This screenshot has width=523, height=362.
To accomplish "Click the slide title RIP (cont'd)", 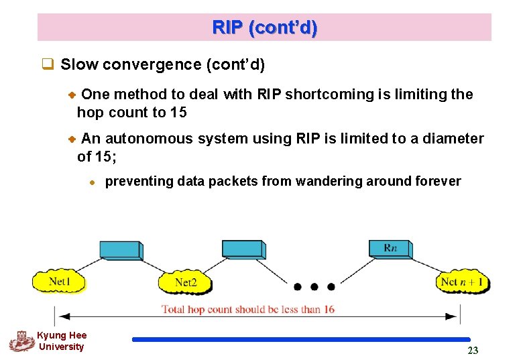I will pos(265,28).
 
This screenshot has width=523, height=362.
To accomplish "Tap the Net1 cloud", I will pos(59,282).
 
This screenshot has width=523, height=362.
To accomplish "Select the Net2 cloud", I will pos(185,282).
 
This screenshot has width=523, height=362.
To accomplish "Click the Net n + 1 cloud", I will pos(463,282).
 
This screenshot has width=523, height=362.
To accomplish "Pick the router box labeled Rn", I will pos(390,249).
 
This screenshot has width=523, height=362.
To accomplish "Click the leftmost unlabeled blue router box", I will pos(120,250).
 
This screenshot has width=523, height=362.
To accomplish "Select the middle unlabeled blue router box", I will pos(243,249).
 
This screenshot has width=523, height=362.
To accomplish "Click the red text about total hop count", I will pos(248,309).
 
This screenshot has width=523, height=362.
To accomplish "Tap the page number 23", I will pos(473,351).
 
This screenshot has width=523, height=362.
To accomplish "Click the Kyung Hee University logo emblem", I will pos(21,341).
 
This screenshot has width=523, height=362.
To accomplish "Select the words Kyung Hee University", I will pos(61,341).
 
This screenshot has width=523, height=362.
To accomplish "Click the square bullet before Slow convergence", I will pos(48,65).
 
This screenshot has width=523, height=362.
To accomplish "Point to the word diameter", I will pos(453,139).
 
